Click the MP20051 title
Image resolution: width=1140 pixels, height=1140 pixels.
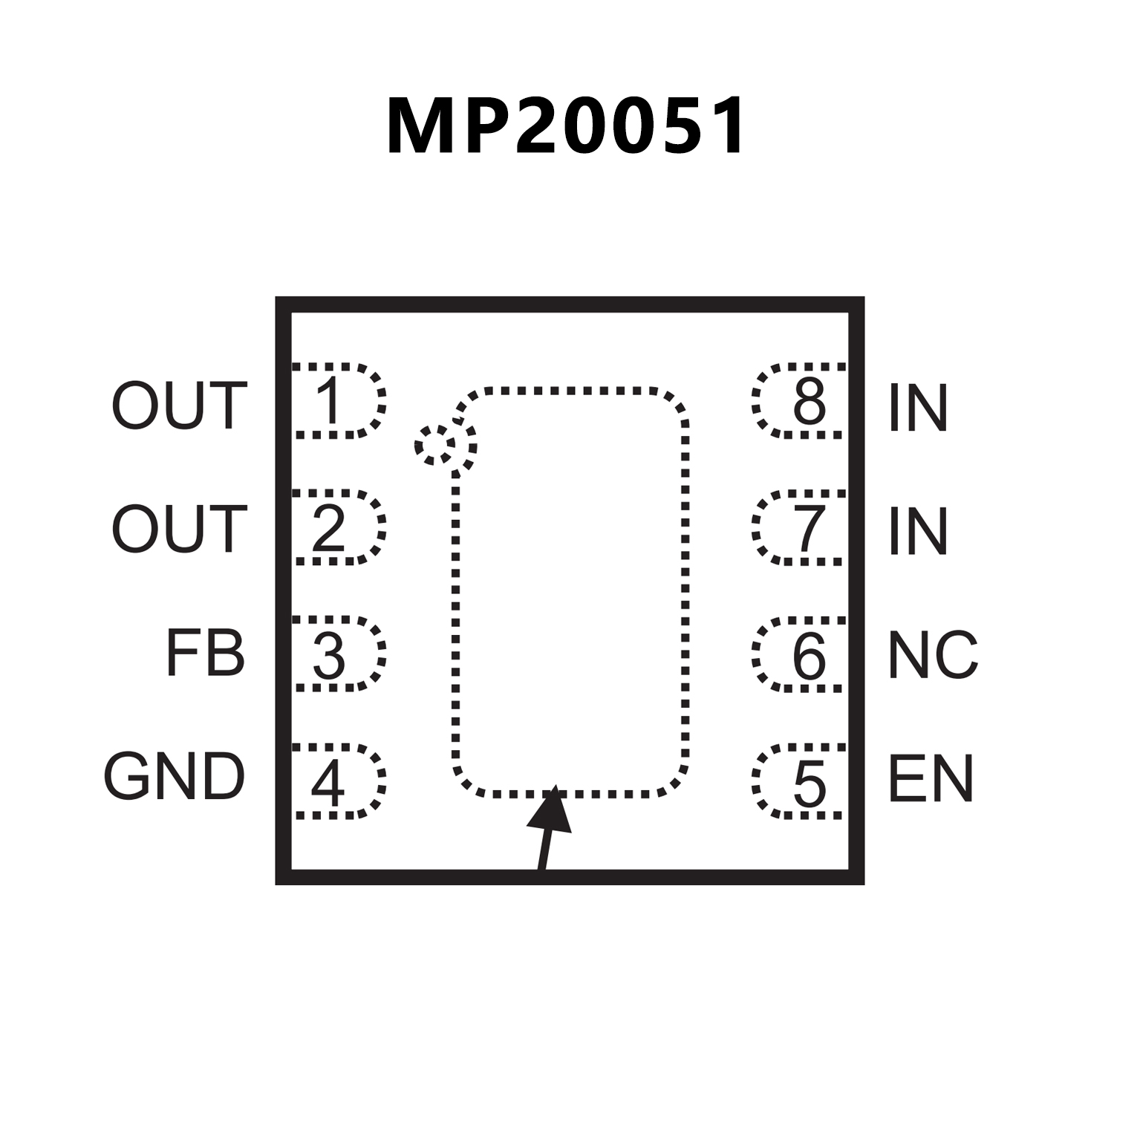[566, 126]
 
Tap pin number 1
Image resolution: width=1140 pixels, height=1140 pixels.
[329, 401]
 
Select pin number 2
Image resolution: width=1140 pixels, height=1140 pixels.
[329, 528]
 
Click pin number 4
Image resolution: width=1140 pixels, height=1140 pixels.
[328, 783]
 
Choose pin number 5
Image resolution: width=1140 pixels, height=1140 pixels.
[810, 783]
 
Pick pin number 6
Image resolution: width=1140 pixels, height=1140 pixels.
[810, 656]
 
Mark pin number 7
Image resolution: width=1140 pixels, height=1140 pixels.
[810, 528]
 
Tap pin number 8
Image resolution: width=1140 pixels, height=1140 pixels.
[810, 401]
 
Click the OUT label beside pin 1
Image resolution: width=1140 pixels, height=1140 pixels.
[179, 405]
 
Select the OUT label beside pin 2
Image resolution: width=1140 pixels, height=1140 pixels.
[179, 529]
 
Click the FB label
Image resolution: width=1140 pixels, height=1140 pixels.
[205, 654]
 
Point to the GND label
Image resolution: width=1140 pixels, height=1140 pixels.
[175, 777]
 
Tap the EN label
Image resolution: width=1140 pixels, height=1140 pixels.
[931, 779]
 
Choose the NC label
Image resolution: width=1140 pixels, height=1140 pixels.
[933, 655]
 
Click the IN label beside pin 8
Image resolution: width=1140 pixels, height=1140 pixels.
[918, 408]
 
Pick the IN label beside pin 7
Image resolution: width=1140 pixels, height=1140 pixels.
[918, 531]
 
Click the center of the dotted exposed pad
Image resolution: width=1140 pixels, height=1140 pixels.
[570, 591]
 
